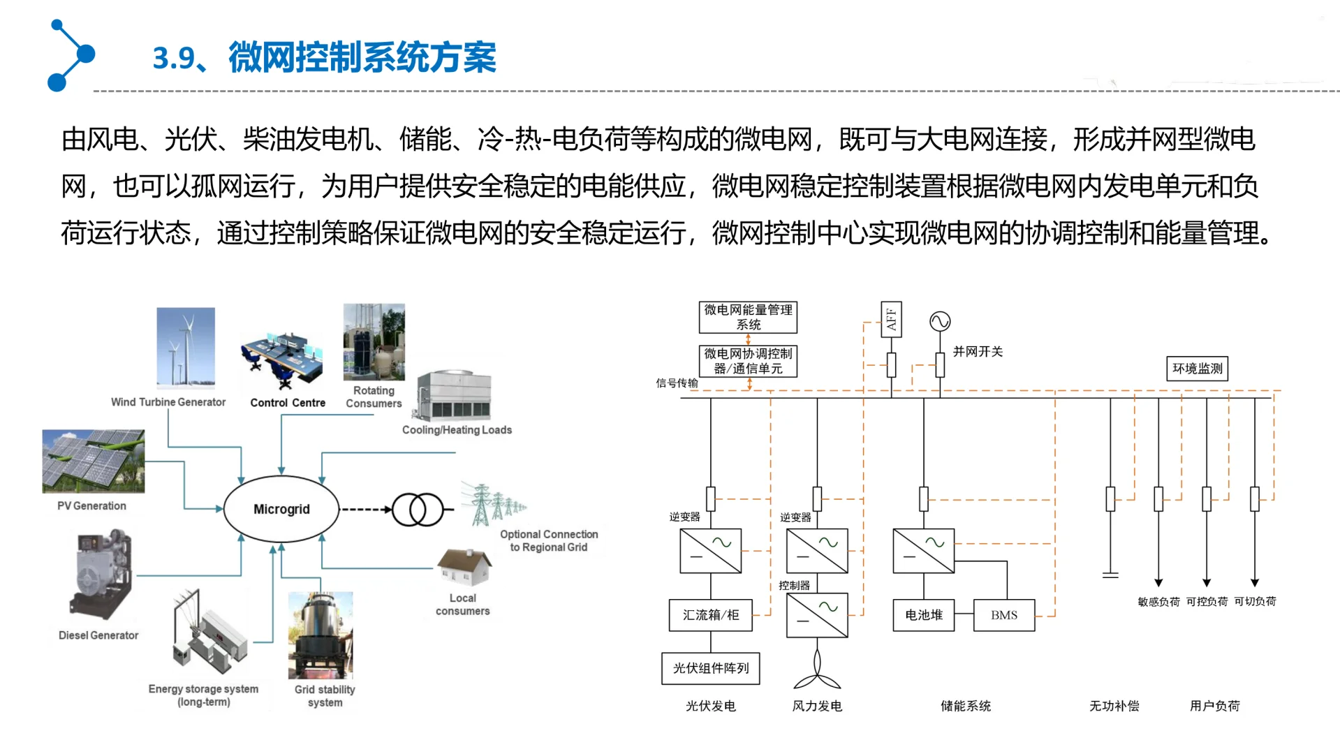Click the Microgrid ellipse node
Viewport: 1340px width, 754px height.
[x=281, y=509]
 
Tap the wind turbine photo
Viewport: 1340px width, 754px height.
[x=186, y=347]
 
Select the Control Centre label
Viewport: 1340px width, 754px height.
[x=288, y=403]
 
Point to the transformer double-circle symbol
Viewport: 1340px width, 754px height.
[x=418, y=509]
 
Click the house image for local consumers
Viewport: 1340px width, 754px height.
[x=464, y=567]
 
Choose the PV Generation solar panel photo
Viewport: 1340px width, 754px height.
[x=94, y=461]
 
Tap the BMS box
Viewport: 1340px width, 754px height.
[x=1003, y=615]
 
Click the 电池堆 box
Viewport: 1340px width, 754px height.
[x=923, y=615]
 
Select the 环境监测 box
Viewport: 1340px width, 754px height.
[x=1197, y=369]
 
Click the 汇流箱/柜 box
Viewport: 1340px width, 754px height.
[x=710, y=615]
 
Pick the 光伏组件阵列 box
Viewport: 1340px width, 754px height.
[x=710, y=668]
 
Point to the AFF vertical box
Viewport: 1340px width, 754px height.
[x=891, y=319]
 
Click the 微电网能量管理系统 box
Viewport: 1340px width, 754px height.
[x=748, y=317]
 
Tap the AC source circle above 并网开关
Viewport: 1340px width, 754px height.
[x=940, y=321]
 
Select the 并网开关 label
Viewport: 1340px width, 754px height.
[x=978, y=352]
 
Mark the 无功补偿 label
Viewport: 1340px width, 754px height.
[x=1114, y=706]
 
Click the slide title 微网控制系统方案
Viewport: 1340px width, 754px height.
[x=362, y=57]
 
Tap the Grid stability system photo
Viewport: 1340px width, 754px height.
[x=321, y=635]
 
